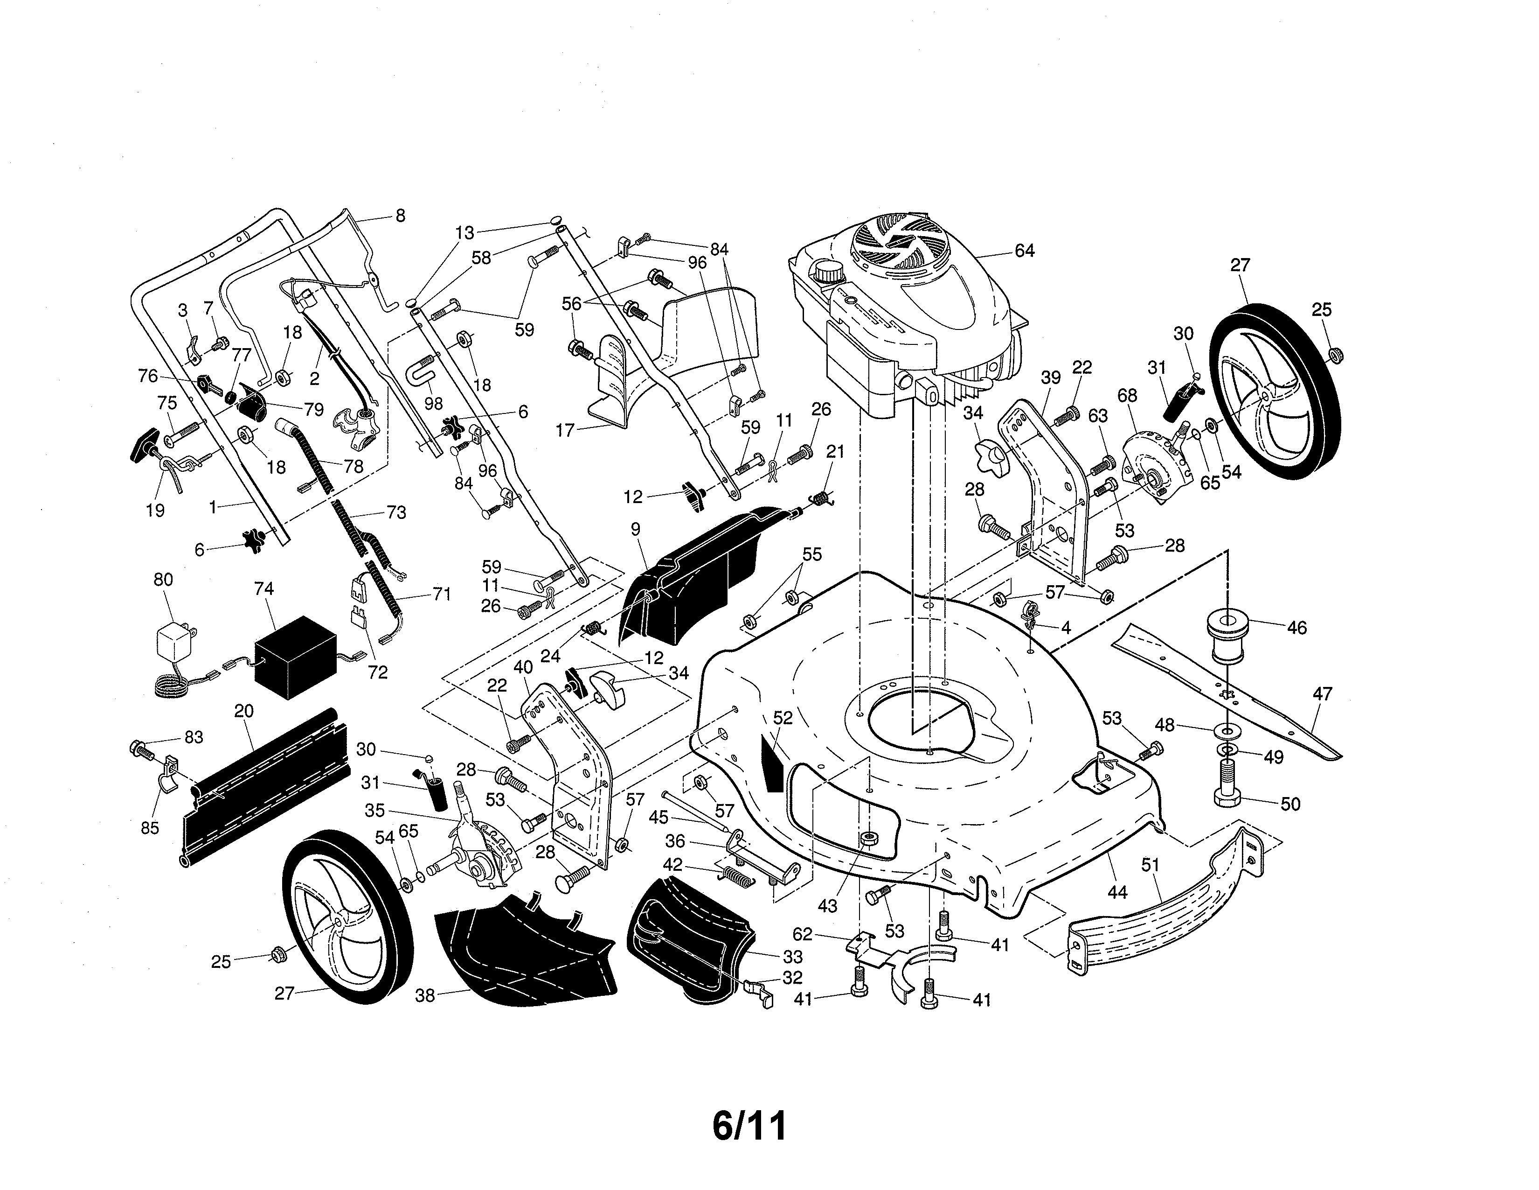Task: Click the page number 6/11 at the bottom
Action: tap(749, 1126)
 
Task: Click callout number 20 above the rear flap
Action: tap(244, 711)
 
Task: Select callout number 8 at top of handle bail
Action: tap(400, 216)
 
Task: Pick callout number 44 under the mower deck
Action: tap(1117, 892)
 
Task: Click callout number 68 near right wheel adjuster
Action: tap(1128, 395)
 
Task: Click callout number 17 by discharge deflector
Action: tap(566, 430)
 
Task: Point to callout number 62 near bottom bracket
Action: tap(803, 935)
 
